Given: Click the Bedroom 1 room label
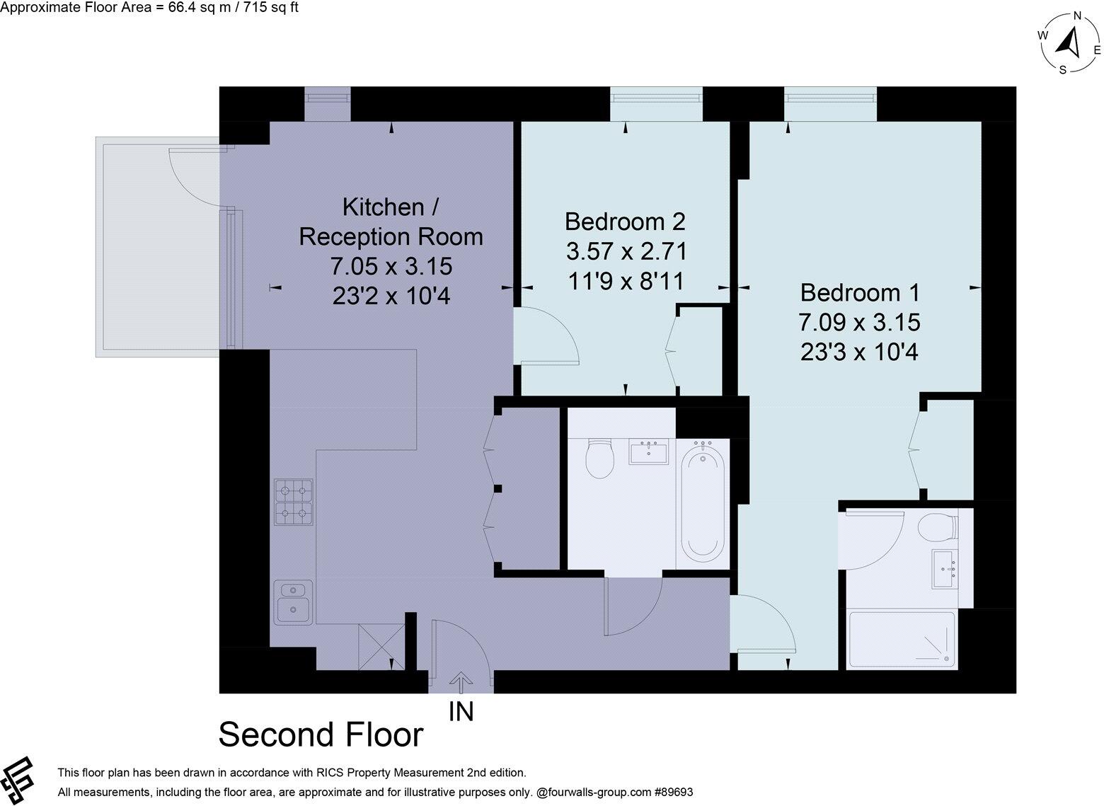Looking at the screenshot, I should tap(859, 292).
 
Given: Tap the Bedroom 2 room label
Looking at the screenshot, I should tap(625, 221).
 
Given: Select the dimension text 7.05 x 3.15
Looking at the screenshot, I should tap(391, 266).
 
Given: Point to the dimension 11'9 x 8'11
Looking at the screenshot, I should tap(626, 281).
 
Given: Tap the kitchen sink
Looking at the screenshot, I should tap(294, 602).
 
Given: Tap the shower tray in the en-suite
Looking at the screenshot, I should tap(902, 640).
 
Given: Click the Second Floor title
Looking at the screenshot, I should tap(321, 735).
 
